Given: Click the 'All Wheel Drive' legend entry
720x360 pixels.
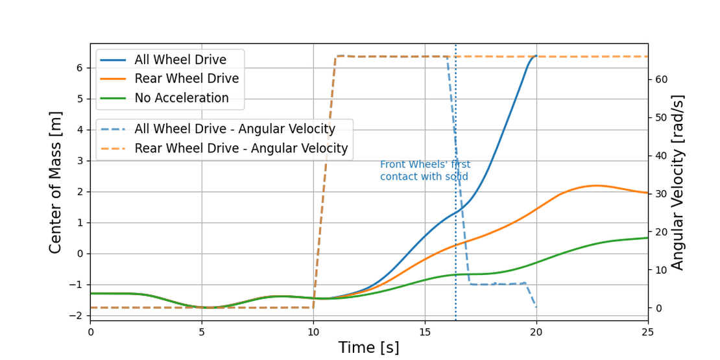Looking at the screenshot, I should coord(180,60).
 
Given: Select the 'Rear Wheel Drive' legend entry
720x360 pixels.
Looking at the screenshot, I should coord(186,79).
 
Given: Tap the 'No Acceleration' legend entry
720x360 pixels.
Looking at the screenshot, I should coord(181,99).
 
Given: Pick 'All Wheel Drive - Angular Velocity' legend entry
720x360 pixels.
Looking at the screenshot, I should coord(234,129).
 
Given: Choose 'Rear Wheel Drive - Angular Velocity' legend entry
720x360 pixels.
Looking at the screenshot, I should coord(241,149).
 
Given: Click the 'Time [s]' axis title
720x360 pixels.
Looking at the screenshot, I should coord(368,348).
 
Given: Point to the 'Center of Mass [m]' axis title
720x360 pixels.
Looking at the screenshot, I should coord(56,182).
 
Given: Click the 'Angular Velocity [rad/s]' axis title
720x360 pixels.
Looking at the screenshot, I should coord(678,182).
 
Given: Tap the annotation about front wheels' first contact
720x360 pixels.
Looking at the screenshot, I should coord(425,171).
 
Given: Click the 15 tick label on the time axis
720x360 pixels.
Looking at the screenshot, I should coord(425,331).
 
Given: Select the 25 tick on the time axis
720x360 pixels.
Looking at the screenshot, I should coord(648,331).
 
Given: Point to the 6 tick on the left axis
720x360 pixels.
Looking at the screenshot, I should coord(79,68).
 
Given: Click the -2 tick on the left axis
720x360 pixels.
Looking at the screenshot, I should coord(77,316).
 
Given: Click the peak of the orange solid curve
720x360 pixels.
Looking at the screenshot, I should coord(597,186).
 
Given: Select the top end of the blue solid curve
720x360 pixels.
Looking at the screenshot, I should coord(536,56).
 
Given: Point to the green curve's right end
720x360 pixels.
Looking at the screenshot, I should coord(647,238).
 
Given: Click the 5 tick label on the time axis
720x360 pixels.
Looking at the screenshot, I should coord(202,331).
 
